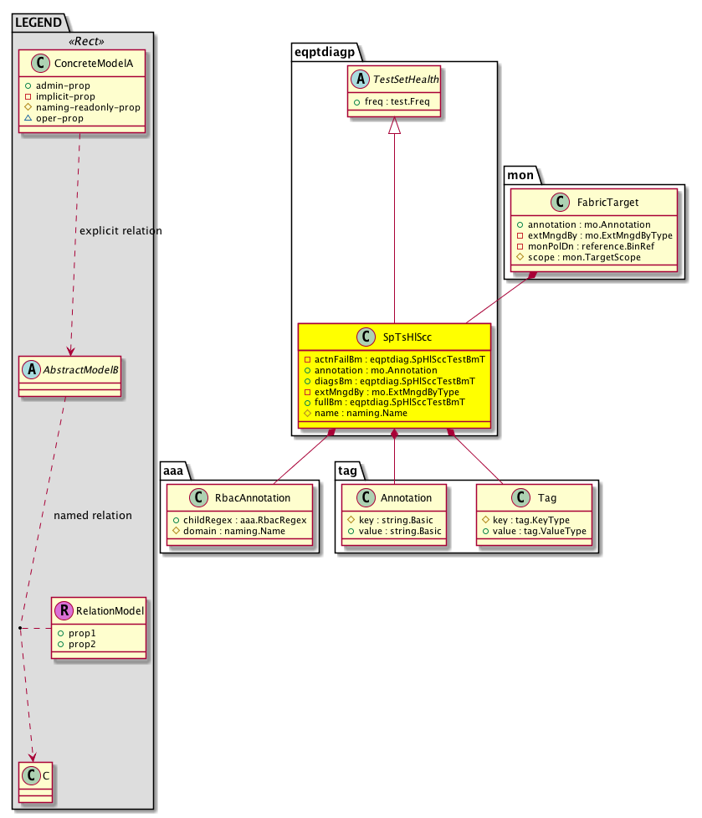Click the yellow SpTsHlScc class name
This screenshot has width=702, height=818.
(x=407, y=337)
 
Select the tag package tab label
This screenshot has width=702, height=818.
(x=349, y=471)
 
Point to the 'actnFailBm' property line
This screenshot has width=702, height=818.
(x=394, y=359)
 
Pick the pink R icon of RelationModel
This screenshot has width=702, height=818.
(x=64, y=611)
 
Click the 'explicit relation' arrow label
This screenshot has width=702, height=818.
(x=120, y=230)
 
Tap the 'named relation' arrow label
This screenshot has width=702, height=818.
(x=92, y=515)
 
